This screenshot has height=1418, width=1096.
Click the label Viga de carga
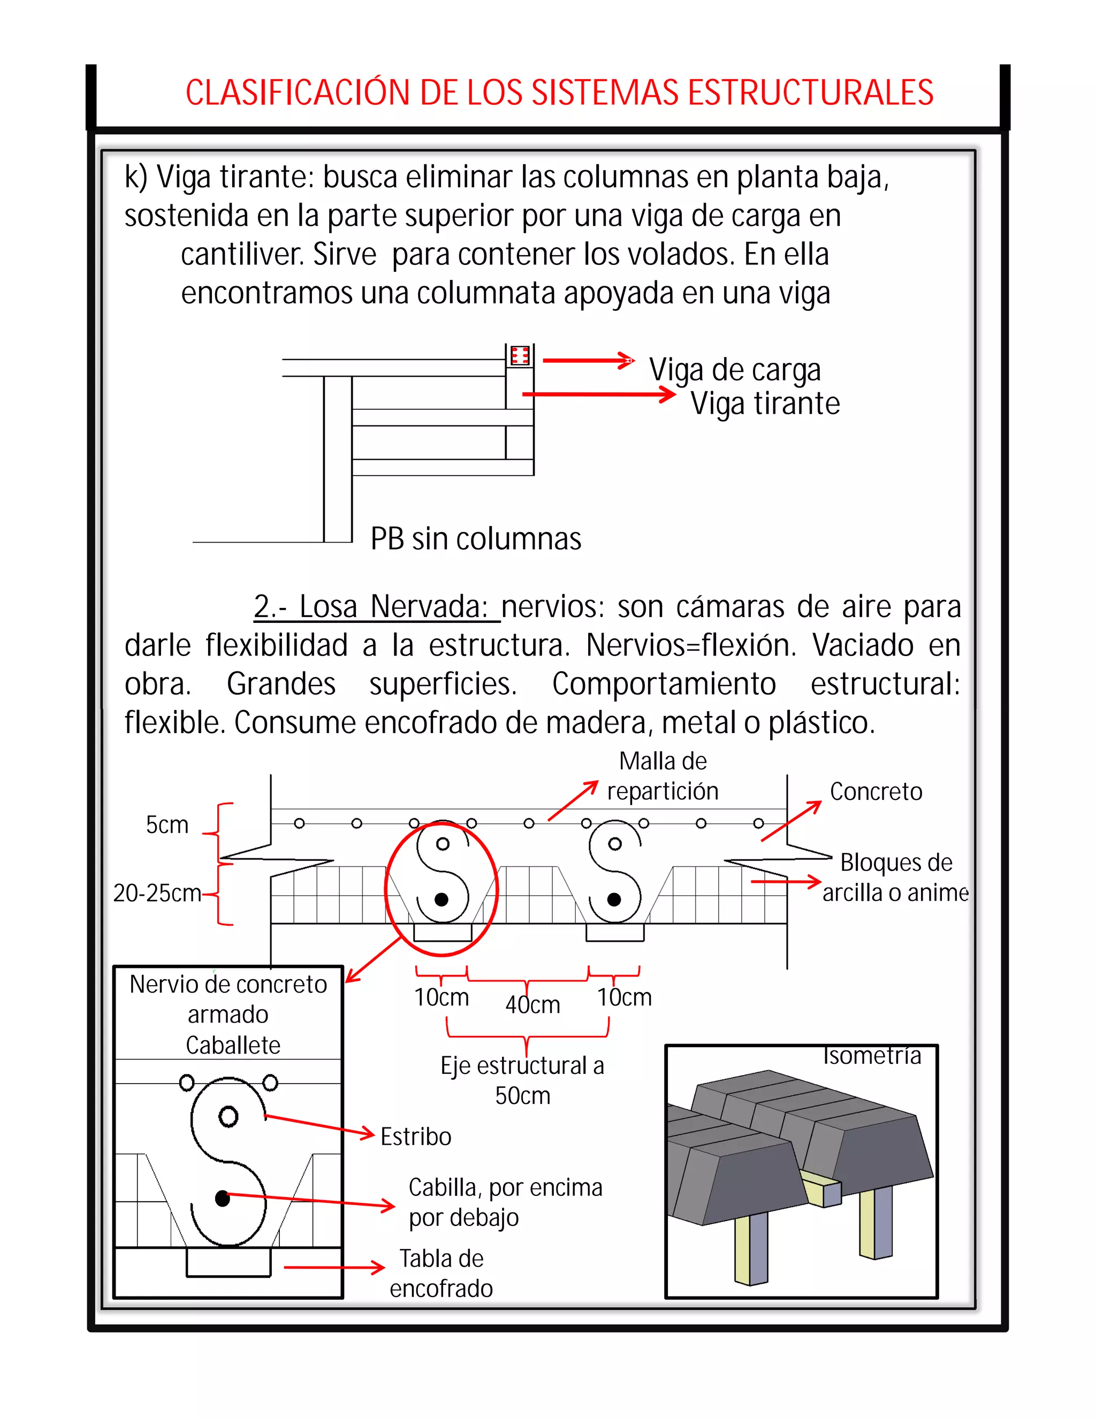[734, 370]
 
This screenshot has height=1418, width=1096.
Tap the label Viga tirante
[764, 404]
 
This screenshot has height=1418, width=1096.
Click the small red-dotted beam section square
[520, 355]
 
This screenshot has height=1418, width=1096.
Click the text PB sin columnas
[475, 539]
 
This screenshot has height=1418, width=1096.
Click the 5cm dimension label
[167, 825]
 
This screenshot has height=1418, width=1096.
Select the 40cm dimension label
[532, 1005]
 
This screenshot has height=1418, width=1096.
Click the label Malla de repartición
[663, 776]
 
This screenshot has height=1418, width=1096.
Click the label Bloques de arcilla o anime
[895, 878]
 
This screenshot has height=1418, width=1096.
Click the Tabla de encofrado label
[441, 1273]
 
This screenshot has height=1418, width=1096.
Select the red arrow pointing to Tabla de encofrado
[334, 1267]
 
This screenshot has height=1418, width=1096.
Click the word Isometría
[871, 1056]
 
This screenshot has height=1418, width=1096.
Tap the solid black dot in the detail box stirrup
[222, 1199]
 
